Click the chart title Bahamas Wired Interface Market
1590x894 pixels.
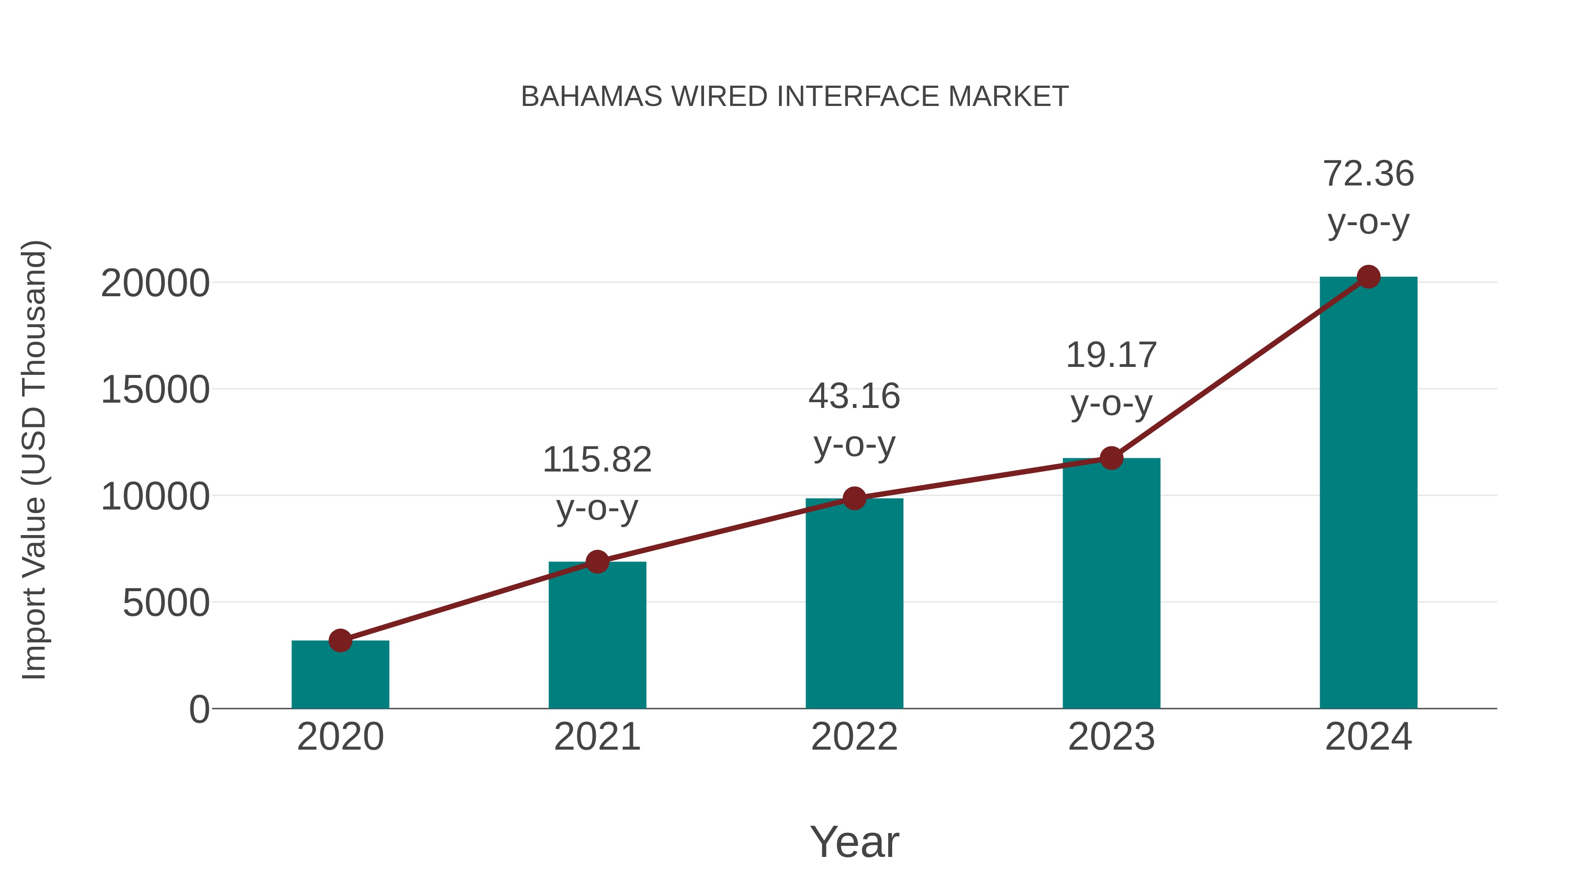pos(795,97)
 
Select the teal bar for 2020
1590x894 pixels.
pos(340,675)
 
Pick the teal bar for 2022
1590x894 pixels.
pos(854,605)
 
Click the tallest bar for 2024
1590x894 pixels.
pos(1368,494)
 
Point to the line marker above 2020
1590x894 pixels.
pos(340,641)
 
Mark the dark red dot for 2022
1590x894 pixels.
pos(854,498)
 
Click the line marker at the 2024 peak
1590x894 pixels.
pos(1368,277)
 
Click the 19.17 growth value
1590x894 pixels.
pos(1111,355)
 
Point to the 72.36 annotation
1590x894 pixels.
pos(1368,174)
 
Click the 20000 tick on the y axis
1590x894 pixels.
pos(155,284)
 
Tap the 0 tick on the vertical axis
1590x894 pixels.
pos(199,709)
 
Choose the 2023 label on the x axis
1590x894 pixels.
pos(1111,737)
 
